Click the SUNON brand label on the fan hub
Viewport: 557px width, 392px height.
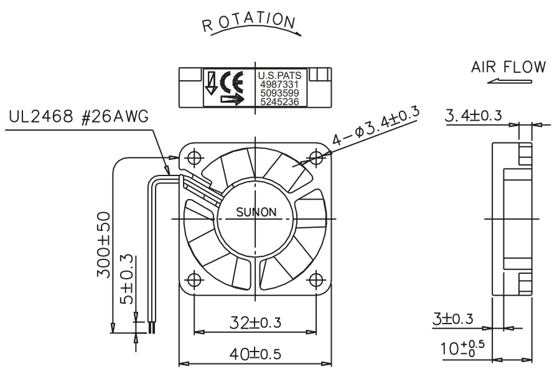pyautogui.click(x=256, y=212)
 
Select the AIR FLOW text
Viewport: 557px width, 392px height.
pyautogui.click(x=508, y=67)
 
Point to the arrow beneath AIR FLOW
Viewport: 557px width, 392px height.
pyautogui.click(x=510, y=82)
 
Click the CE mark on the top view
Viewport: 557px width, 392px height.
pyautogui.click(x=232, y=82)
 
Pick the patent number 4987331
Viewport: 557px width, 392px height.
pyautogui.click(x=279, y=85)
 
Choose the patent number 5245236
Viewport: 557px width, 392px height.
pyautogui.click(x=279, y=102)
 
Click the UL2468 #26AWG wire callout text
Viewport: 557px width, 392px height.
pyautogui.click(x=78, y=116)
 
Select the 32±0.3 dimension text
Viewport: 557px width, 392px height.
pyautogui.click(x=255, y=322)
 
